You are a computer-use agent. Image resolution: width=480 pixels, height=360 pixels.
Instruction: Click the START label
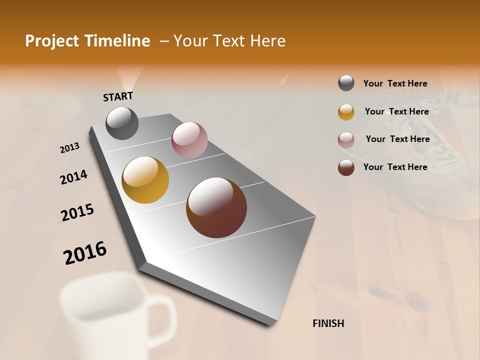tap(118, 96)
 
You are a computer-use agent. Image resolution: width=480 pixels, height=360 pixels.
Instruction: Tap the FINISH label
tap(328, 323)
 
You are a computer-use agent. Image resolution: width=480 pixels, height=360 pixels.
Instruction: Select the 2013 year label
tap(70, 147)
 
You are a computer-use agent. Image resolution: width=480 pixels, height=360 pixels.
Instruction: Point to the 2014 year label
tap(73, 177)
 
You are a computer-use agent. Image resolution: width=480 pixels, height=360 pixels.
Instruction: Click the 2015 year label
tap(77, 212)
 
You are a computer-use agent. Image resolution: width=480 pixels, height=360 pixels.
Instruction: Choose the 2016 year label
tap(85, 252)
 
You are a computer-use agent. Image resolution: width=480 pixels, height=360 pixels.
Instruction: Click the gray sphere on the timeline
tap(122, 123)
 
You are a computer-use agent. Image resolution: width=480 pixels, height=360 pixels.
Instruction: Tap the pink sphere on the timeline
tap(189, 140)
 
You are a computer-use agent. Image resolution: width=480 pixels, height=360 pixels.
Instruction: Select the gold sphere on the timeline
tap(145, 180)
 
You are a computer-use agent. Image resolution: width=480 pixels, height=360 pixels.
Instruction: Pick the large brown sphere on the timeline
tap(216, 207)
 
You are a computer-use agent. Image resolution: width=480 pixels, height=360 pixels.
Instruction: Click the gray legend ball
tap(346, 83)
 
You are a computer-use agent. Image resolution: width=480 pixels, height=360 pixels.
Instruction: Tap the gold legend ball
tap(346, 112)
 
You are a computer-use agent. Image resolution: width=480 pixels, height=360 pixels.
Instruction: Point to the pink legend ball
tap(346, 140)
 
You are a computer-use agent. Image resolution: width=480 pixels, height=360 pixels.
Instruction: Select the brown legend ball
tap(346, 167)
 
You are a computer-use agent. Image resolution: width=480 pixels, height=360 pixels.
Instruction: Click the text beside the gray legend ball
tap(395, 83)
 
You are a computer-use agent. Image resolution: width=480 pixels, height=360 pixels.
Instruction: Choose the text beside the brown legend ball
tap(395, 167)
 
